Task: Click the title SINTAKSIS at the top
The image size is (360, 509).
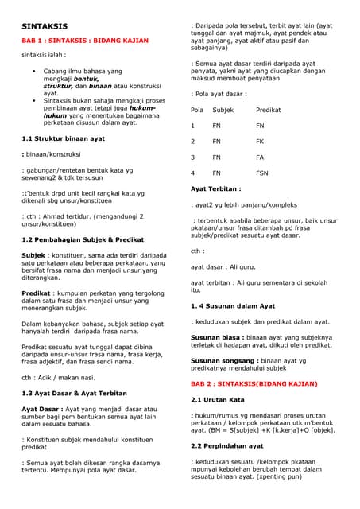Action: pyautogui.click(x=44, y=25)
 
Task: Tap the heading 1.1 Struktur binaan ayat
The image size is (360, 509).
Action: pyautogui.click(x=63, y=138)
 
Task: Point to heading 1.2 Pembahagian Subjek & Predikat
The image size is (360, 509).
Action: pyautogui.click(x=83, y=239)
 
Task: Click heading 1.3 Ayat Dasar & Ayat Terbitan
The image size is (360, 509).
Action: pyautogui.click(x=74, y=393)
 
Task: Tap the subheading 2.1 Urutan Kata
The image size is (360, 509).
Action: pyautogui.click(x=218, y=398)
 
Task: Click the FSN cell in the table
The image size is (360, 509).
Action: pyautogui.click(x=262, y=173)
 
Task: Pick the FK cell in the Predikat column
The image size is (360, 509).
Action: pyautogui.click(x=260, y=141)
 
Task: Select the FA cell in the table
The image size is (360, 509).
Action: pyautogui.click(x=260, y=157)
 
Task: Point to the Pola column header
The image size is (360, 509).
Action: pyautogui.click(x=197, y=110)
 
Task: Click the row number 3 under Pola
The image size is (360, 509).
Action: pyautogui.click(x=193, y=157)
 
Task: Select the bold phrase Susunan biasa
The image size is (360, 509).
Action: pyautogui.click(x=216, y=337)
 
